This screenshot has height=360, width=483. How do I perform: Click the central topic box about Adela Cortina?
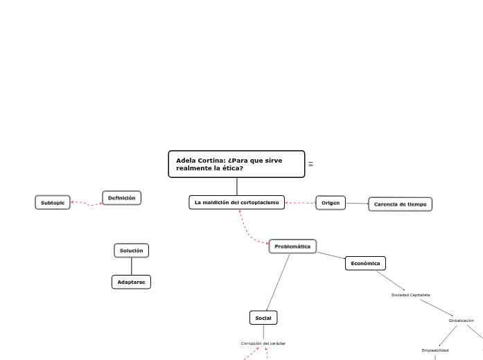pos(236,164)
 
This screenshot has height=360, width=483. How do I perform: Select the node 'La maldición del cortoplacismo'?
pos(236,202)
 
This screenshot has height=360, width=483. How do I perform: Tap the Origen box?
pos(331,203)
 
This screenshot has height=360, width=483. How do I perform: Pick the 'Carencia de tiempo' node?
pos(400,204)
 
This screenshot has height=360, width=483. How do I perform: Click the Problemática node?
pos(292,246)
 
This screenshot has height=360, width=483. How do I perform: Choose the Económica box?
pos(365,263)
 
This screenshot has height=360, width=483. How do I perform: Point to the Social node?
pos(263,318)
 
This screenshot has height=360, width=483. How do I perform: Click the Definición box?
pos(122,198)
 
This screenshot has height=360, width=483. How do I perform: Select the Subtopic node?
pos(53,202)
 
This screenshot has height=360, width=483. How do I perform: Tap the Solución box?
pos(132,250)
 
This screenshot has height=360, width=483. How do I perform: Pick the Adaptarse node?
pos(131,282)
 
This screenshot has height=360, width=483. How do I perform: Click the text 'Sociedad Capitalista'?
pos(410,295)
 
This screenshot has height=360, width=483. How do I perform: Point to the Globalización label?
pos(461,321)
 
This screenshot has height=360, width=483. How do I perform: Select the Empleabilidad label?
pos(435,350)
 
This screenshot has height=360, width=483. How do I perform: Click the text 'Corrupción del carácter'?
pos(263,343)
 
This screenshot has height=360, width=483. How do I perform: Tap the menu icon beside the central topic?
pos(310,164)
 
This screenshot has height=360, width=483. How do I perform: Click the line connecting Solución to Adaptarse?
pos(132,266)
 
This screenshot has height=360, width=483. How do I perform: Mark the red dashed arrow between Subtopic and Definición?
pos(87,204)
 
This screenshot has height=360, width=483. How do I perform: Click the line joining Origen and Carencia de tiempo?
pos(357,204)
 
